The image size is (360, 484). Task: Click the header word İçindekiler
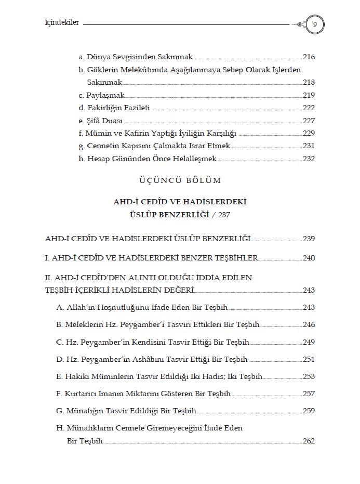tap(62, 23)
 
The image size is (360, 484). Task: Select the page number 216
tap(309, 57)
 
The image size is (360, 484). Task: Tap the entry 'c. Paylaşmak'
tap(102, 95)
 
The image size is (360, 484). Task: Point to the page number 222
tap(309, 108)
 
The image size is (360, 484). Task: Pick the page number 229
tap(309, 133)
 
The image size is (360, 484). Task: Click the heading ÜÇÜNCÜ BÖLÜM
tap(180, 180)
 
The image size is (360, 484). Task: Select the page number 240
tap(309, 258)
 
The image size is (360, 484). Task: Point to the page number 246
tap(309, 325)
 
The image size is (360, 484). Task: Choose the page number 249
tap(309, 342)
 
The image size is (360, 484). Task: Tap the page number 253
tap(309, 376)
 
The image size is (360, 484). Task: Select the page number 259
tap(309, 411)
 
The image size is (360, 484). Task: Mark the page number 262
tap(309, 441)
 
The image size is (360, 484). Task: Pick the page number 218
tap(309, 82)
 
